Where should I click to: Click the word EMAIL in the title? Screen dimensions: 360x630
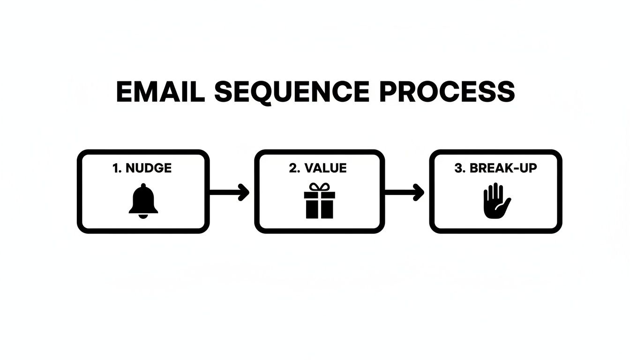[160, 92]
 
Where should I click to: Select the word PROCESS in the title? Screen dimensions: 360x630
[447, 92]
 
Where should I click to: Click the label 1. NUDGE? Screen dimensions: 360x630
[142, 168]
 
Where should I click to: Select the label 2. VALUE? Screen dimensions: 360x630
[318, 168]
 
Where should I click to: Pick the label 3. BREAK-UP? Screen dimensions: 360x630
[495, 168]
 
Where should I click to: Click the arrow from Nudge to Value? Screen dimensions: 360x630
[229, 192]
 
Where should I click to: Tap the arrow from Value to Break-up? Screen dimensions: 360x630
[405, 192]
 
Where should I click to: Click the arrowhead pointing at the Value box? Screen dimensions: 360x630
[244, 192]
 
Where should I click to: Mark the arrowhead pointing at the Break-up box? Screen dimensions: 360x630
[420, 192]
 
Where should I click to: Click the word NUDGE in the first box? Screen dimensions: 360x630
[149, 168]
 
